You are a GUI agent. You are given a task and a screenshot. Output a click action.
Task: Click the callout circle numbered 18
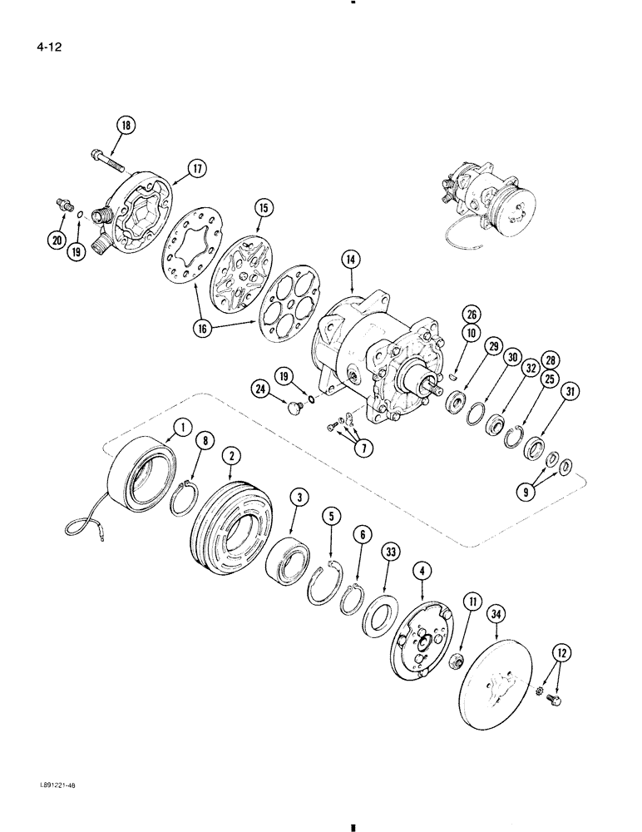(x=126, y=126)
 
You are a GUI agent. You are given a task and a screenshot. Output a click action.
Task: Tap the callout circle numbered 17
(x=197, y=169)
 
